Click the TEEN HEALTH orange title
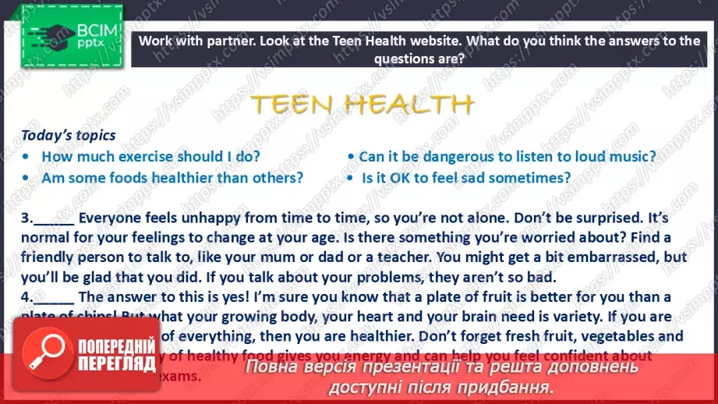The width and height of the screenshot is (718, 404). click(363, 104)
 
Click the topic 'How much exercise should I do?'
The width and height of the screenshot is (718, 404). click(150, 156)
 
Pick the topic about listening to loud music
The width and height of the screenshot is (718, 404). click(508, 156)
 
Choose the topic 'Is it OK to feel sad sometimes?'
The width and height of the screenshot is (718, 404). click(466, 178)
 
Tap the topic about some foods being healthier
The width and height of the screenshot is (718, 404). click(172, 178)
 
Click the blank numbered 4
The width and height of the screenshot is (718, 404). click(55, 296)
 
